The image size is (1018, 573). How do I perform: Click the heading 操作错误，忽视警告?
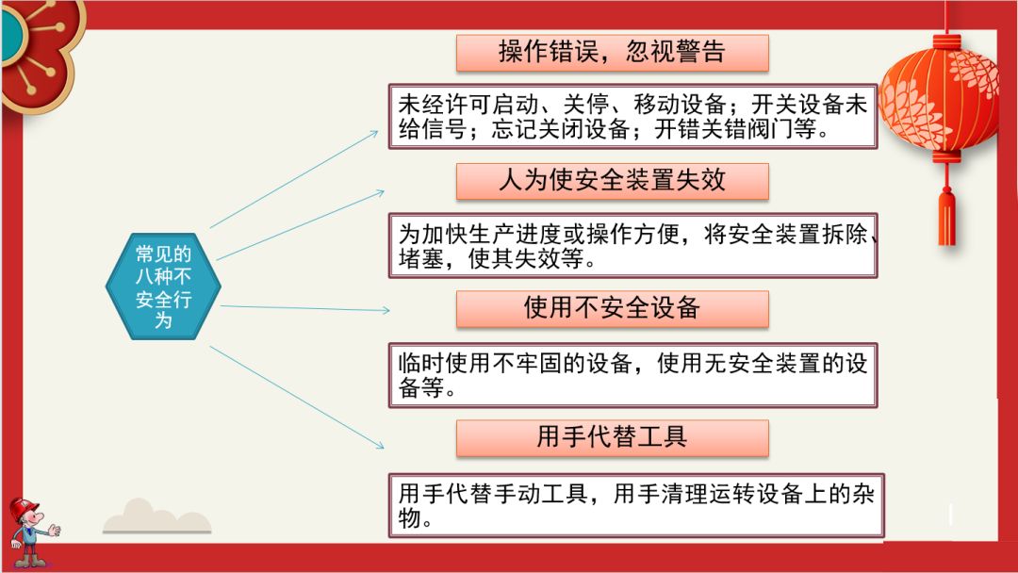click(612, 53)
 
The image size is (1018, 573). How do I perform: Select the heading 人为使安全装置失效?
click(612, 181)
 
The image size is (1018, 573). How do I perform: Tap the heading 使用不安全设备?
click(612, 308)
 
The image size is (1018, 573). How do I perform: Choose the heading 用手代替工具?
click(612, 437)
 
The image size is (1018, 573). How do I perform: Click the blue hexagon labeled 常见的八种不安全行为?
click(163, 286)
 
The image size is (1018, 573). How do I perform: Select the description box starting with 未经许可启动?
click(632, 117)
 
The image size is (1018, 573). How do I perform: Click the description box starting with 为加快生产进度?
click(632, 245)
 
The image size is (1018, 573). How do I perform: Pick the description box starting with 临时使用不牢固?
click(632, 374)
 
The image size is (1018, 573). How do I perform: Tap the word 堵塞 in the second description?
click(420, 259)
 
